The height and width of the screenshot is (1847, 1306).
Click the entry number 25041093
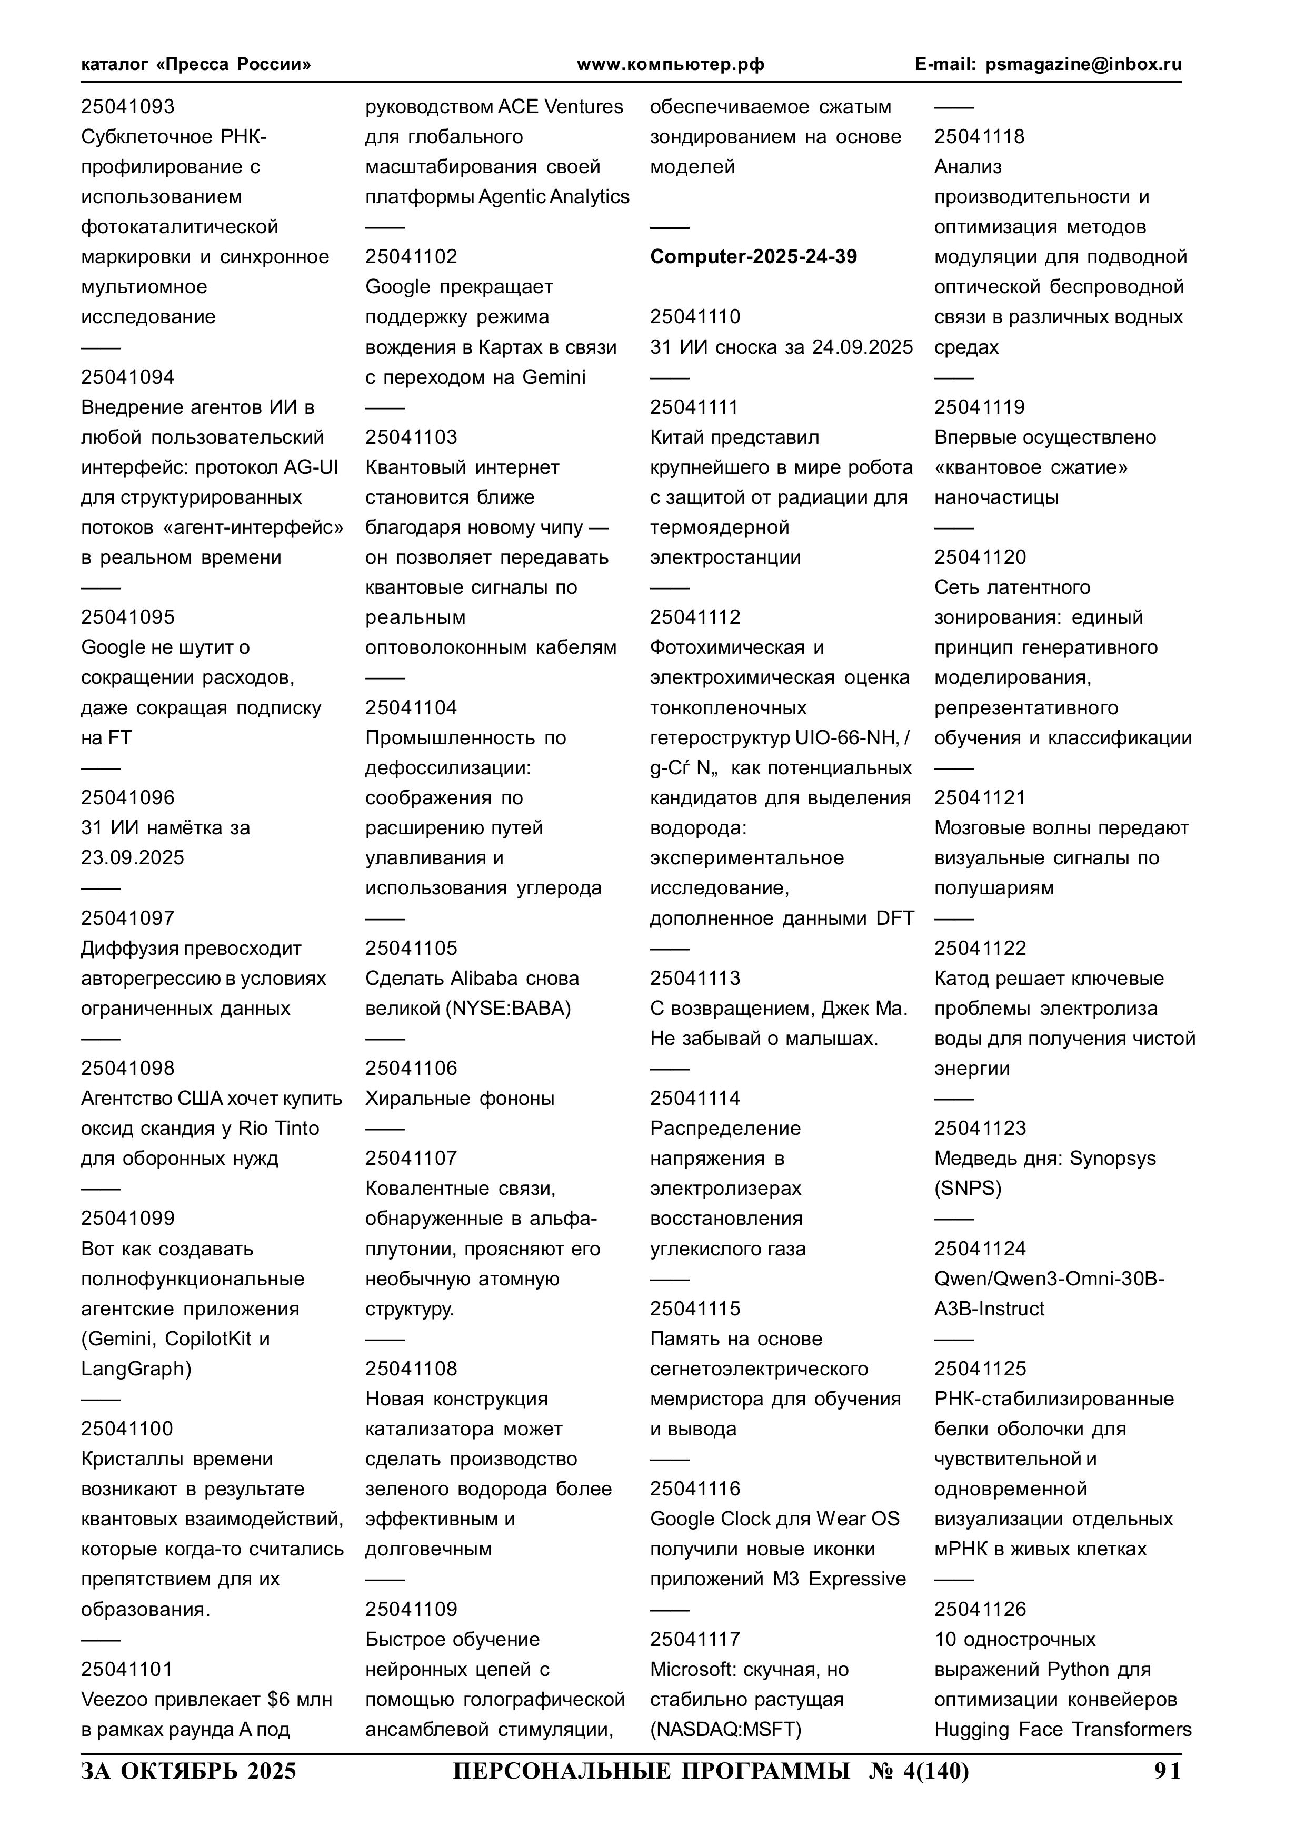pos(127,106)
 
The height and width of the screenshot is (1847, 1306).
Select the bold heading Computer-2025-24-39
pos(753,257)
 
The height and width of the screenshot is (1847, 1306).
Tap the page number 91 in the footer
pos(1167,1771)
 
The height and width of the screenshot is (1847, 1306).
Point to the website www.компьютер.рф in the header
pos(670,64)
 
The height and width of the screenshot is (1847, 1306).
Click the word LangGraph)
pos(136,1369)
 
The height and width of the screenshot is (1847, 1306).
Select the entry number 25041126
pos(979,1609)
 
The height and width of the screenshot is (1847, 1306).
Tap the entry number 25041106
pos(411,1069)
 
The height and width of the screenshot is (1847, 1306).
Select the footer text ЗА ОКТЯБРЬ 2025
pos(188,1771)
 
